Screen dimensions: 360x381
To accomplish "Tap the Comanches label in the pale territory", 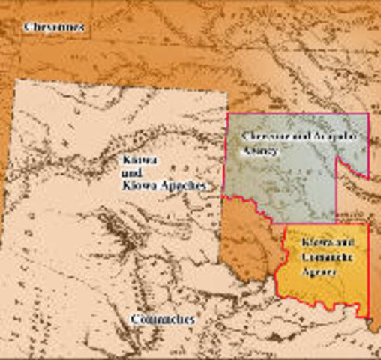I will pyautogui.click(x=162, y=319).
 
